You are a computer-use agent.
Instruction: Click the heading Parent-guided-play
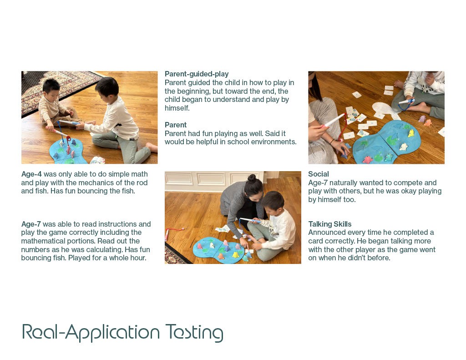[x=197, y=74]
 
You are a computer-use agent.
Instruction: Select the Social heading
[x=318, y=174]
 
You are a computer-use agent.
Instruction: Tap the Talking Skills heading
[x=329, y=224]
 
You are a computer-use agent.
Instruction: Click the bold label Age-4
[x=31, y=174]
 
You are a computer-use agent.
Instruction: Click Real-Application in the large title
[x=91, y=332]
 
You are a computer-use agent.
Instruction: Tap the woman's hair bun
[x=251, y=178]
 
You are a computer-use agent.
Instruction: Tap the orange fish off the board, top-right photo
[x=427, y=122]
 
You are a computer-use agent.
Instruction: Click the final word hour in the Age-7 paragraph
[x=139, y=258]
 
